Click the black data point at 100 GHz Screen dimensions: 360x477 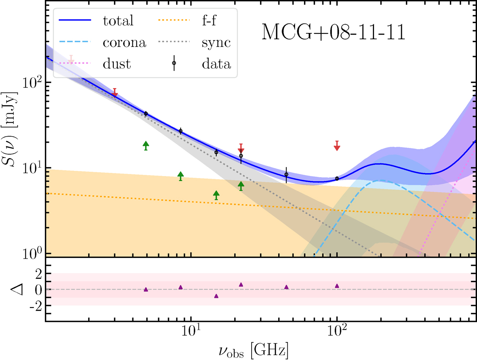(337, 178)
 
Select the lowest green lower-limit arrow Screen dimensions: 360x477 (216, 195)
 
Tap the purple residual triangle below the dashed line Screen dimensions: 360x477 (216, 296)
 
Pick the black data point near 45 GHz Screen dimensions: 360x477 (286, 174)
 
